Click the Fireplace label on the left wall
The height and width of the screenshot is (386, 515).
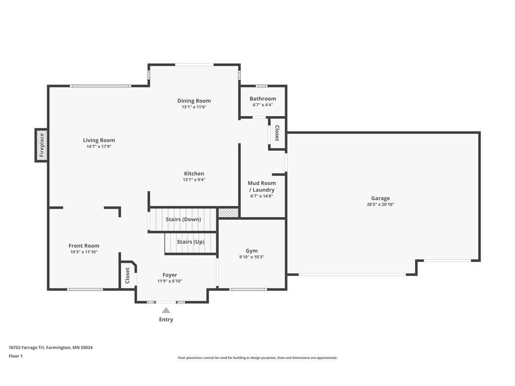pos(42,145)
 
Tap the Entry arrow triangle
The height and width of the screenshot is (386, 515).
pos(166,310)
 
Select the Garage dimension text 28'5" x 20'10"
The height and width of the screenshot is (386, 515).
pos(380,205)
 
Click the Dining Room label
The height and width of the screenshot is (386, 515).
pos(194,101)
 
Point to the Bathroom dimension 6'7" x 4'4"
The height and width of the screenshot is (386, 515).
pos(263,105)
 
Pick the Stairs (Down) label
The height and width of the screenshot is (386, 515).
pos(183,219)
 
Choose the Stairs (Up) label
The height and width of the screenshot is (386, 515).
pos(191,242)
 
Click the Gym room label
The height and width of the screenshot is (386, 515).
pos(251,251)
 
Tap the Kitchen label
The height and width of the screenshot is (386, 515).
pos(194,173)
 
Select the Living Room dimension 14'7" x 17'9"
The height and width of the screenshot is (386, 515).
pos(99,146)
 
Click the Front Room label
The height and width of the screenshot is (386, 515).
pos(84,245)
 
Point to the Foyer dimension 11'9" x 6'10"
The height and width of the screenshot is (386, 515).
pos(170,281)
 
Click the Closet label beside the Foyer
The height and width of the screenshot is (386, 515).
pos(127,275)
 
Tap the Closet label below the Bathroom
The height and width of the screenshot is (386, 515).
pos(277,133)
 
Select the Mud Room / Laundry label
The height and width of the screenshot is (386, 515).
pos(262,186)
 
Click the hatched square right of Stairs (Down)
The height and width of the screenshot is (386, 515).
pos(229,213)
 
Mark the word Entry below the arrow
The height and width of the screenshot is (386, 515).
pos(166,319)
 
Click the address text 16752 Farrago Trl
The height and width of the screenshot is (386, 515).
pos(27,347)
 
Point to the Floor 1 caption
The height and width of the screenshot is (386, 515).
pos(16,356)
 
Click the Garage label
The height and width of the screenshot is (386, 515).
pos(381,198)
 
